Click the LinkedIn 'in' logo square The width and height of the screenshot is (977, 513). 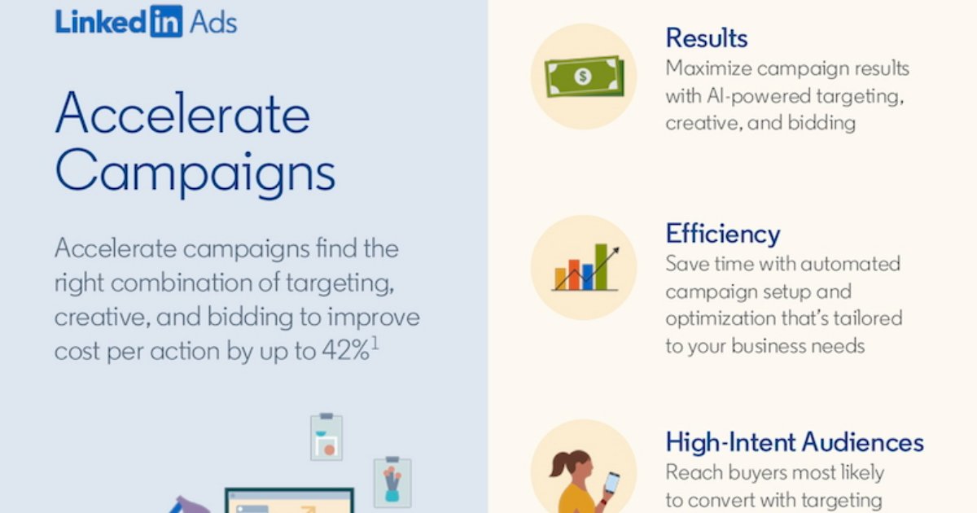tap(166, 21)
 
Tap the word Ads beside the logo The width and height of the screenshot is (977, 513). tap(212, 22)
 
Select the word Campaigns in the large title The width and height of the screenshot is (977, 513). tap(195, 172)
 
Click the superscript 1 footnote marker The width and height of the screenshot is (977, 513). tap(375, 343)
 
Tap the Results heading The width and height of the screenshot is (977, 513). tap(706, 37)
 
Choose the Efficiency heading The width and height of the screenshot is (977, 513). tap(722, 234)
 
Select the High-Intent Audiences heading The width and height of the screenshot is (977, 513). tap(795, 442)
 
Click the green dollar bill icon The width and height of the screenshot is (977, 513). tap(582, 76)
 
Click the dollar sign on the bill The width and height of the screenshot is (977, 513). tap(582, 77)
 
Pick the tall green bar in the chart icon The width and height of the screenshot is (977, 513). tap(601, 266)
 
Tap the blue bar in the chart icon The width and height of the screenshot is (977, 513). tap(587, 277)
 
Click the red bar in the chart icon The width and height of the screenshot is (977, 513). tap(573, 274)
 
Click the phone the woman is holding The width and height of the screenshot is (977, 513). tap(611, 483)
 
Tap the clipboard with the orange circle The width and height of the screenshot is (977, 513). tap(326, 437)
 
